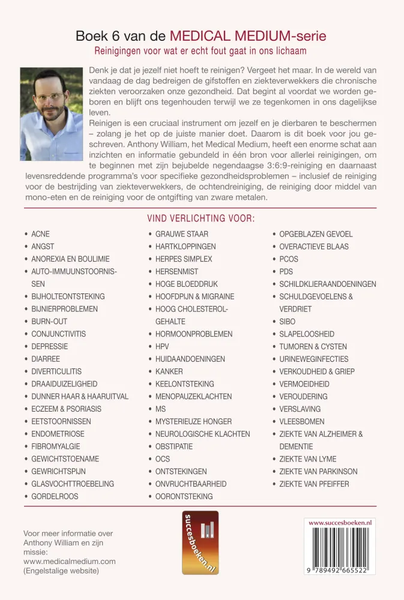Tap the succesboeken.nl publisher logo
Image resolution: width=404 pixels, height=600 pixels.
pos(200,542)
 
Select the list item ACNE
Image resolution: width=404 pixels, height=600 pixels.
pos(40,234)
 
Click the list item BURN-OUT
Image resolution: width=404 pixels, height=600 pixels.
pos(49,322)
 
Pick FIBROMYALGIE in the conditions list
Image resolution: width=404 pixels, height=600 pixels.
pos(55,446)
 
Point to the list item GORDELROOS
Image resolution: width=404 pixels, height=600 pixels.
pos(55,496)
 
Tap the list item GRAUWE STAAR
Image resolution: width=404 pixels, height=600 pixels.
pos(182,234)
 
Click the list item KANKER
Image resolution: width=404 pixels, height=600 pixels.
pos(169,371)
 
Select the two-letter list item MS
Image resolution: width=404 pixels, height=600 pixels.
pos(160,409)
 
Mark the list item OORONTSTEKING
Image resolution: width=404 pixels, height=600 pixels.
pos(184,496)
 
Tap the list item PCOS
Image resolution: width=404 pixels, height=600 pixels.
pos(288,259)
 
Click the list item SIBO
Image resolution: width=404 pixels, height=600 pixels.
pos(288,322)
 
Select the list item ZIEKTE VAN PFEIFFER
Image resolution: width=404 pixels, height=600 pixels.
pos(314,484)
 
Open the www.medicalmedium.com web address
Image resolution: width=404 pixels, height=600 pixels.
pos(69,561)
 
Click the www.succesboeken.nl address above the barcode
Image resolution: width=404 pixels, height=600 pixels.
pos(340,523)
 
